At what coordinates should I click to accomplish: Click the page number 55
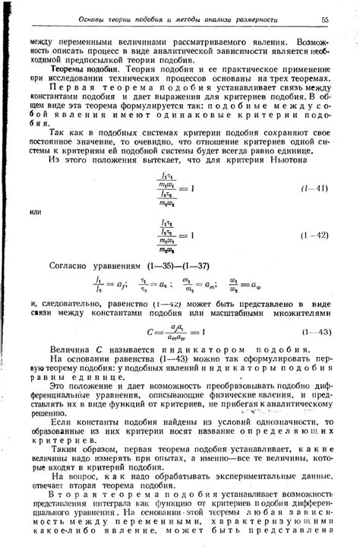pos(324,19)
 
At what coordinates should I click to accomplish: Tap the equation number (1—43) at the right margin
pos(314,332)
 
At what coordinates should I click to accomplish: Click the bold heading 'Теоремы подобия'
pos(77,68)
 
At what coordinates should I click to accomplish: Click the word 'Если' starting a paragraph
pos(59,421)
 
